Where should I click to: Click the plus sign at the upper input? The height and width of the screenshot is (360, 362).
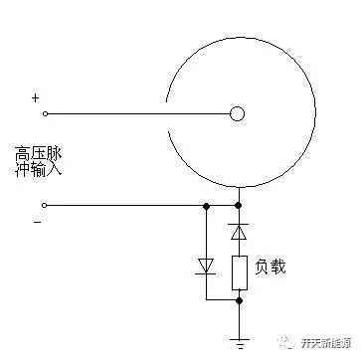[x=36, y=97]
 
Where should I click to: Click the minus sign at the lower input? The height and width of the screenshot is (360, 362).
[x=37, y=222]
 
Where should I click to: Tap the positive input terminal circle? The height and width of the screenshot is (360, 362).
[x=45, y=113]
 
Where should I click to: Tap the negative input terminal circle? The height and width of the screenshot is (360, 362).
[x=45, y=205]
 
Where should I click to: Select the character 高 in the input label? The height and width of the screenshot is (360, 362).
[x=23, y=153]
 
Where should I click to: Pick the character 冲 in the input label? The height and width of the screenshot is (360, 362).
[x=23, y=170]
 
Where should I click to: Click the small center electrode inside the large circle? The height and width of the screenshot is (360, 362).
[x=237, y=113]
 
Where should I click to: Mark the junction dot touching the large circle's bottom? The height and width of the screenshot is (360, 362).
[x=237, y=188]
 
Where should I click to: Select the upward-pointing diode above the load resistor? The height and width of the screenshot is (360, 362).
[x=237, y=232]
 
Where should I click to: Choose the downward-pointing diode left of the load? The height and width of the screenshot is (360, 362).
[x=205, y=265]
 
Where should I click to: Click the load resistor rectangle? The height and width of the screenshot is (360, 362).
[x=237, y=271]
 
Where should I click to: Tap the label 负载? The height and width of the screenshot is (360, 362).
[x=271, y=268]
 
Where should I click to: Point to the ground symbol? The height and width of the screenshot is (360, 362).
[x=237, y=335]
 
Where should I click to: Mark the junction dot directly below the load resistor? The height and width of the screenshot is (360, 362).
[x=237, y=296]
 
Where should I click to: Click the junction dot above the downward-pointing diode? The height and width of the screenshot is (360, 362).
[x=205, y=205]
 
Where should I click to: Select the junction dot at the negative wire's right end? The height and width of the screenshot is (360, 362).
[x=237, y=205]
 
